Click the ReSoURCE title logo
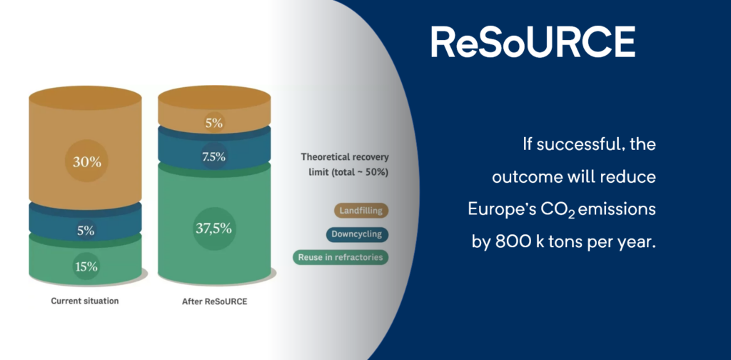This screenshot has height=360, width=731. (533, 42)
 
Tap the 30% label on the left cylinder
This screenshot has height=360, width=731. (86, 162)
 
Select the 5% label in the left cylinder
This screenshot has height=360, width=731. (86, 231)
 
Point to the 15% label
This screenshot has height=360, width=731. (86, 266)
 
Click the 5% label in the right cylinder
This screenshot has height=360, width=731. (214, 124)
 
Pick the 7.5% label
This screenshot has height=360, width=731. (214, 157)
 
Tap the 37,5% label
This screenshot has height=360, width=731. (214, 229)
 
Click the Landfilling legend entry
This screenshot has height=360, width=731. (361, 211)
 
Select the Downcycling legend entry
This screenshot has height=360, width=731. (357, 234)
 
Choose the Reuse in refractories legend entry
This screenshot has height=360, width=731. (341, 257)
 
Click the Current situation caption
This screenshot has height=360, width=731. (85, 301)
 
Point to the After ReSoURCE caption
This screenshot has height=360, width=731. (214, 301)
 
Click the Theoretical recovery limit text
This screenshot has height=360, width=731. (345, 164)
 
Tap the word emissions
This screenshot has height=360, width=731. (617, 209)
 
